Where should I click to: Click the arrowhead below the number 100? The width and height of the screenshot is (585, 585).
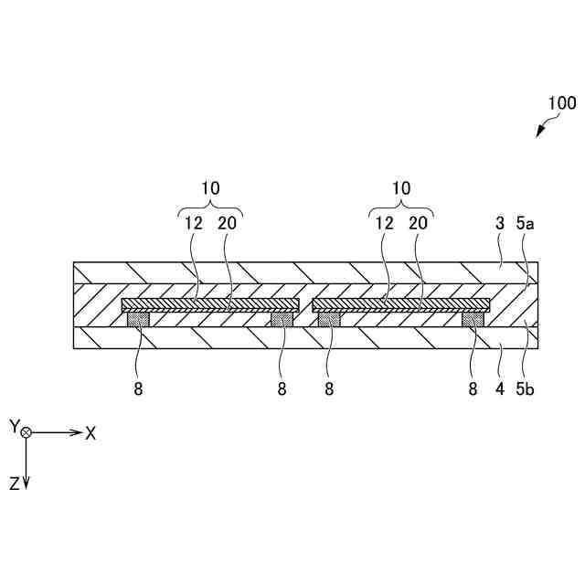tap(540, 133)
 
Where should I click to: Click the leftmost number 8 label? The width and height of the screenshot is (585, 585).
tap(138, 388)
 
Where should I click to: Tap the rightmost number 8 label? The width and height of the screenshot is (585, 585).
tap(473, 388)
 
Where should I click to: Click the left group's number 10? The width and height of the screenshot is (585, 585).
tap(210, 187)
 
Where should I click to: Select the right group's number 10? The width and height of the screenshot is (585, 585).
tap(400, 187)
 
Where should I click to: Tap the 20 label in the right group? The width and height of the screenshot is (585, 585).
tap(418, 223)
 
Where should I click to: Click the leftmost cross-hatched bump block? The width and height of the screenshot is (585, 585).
tap(138, 319)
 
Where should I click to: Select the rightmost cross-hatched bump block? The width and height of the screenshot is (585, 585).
tap(473, 319)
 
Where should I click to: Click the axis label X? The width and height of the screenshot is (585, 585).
tap(90, 433)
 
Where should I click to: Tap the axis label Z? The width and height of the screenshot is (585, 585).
tap(15, 484)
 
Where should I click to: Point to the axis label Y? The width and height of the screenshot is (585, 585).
tap(14, 426)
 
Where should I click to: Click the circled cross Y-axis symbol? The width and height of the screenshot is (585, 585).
tap(27, 432)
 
